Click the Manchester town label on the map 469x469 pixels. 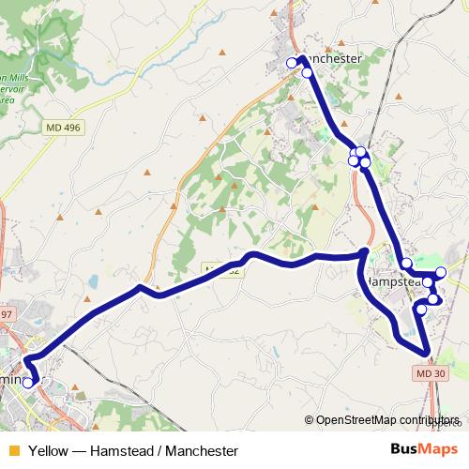point(330,58)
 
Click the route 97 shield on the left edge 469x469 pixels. point(8,313)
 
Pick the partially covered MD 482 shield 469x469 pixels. point(223,271)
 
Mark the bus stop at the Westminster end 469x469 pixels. point(28,382)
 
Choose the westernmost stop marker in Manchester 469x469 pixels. point(292,63)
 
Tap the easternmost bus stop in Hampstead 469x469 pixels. point(441,272)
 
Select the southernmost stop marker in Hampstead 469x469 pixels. point(421,310)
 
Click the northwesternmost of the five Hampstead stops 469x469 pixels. point(407,264)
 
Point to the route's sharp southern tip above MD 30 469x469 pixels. point(428,354)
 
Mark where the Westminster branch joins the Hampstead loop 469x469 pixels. point(365,253)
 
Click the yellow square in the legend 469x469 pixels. point(12,450)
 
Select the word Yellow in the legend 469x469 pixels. point(48,450)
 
